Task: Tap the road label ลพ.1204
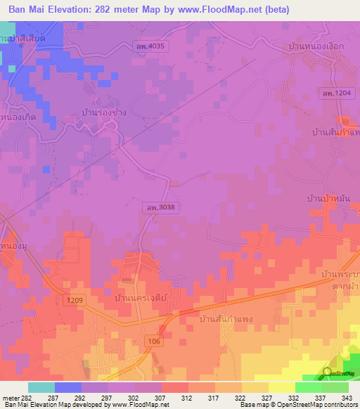click(x=344, y=93)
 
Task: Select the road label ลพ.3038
click(x=161, y=208)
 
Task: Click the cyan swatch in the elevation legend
click(x=41, y=387)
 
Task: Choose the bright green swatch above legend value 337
click(x=308, y=387)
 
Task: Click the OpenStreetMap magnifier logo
click(x=328, y=372)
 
